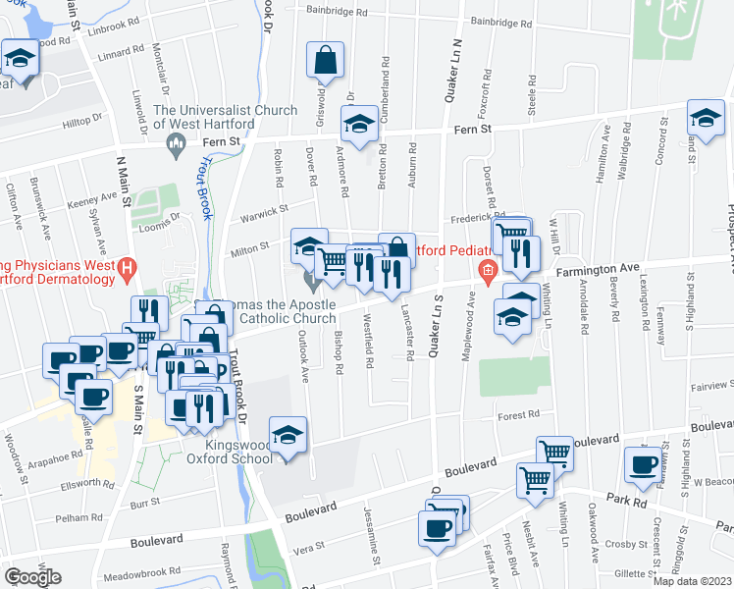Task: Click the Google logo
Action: (32, 577)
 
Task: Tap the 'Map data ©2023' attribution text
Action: (692, 581)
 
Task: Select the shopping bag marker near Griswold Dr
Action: (326, 61)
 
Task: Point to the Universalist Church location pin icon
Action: (178, 145)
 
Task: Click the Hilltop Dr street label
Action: (82, 119)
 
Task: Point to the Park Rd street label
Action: (624, 500)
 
